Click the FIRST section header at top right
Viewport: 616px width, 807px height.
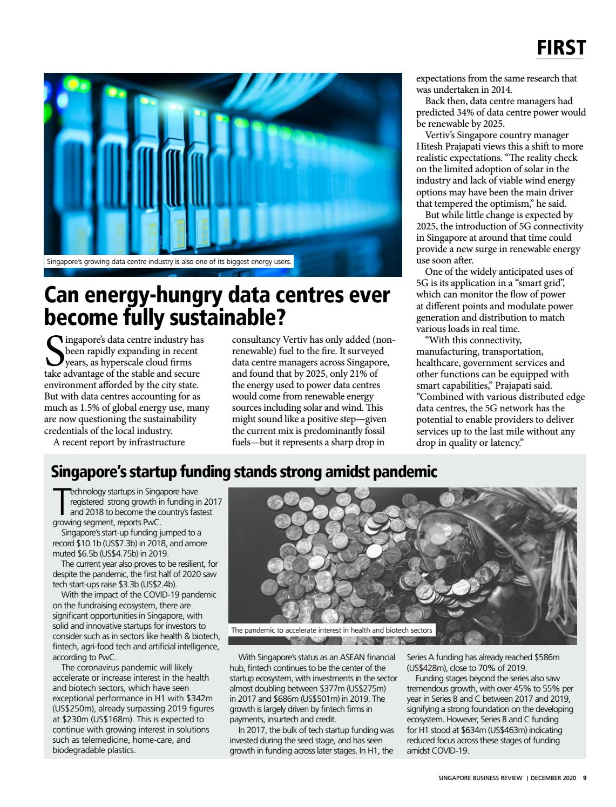click(561, 48)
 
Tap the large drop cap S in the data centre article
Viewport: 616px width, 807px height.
click(53, 351)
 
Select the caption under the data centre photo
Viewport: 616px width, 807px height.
click(169, 262)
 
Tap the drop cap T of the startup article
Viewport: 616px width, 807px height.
click(61, 501)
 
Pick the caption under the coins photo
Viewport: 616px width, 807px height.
click(331, 630)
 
